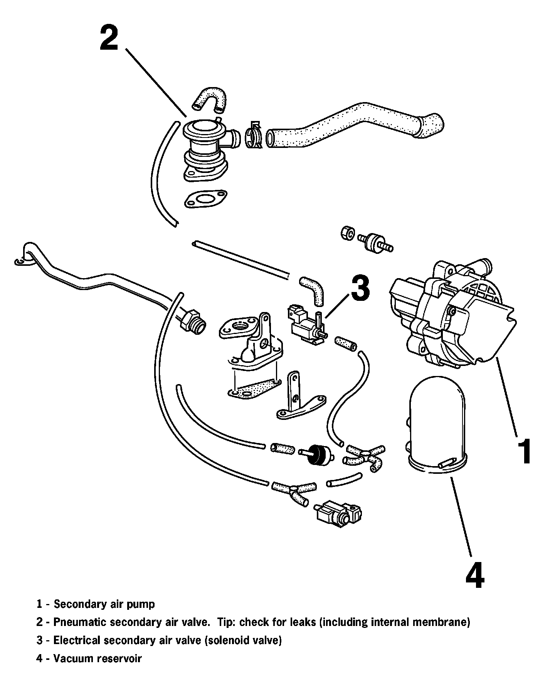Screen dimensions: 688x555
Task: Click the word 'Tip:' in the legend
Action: pyautogui.click(x=226, y=622)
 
